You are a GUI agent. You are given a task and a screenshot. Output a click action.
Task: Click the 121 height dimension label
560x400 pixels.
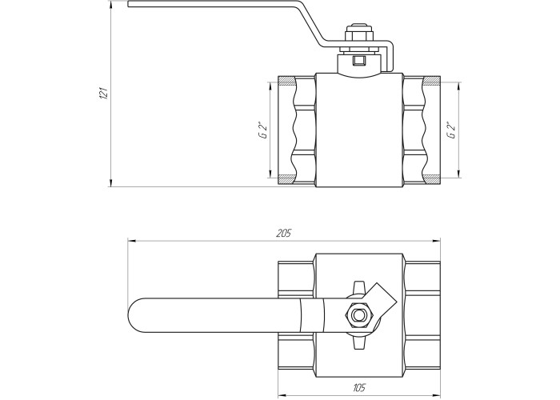pos(103,92)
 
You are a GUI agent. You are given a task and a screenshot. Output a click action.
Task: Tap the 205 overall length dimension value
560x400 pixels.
pos(284,234)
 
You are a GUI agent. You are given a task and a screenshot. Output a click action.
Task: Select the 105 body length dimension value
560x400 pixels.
pos(359,387)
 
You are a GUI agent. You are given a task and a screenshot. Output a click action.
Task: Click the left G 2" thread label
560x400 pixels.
pos(263,130)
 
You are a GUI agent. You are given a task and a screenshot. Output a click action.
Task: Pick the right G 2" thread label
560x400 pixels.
pos(450,130)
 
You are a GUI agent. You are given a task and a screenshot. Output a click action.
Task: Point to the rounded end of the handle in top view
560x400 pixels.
pos(134,315)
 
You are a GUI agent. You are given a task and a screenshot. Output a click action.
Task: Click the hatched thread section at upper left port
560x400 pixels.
pos(286,81)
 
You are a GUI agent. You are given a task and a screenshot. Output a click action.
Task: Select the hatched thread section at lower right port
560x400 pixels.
pos(431,179)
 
